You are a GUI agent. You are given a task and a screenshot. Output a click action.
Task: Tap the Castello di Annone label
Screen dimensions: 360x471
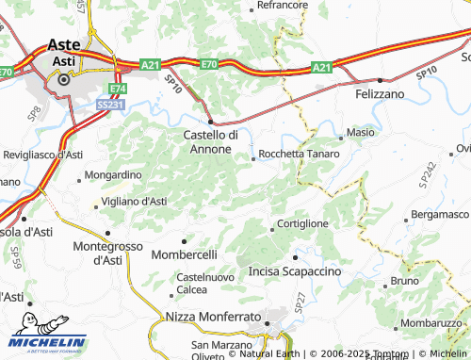(209, 142)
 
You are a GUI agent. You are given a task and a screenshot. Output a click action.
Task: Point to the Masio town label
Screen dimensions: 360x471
(360, 134)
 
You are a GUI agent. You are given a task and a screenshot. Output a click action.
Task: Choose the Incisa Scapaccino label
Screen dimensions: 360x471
(294, 271)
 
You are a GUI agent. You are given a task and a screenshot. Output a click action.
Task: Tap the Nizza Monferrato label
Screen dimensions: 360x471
(213, 318)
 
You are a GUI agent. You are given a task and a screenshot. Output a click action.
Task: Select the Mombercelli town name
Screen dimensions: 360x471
(186, 254)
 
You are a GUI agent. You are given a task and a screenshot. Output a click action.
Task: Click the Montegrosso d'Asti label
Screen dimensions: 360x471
(107, 254)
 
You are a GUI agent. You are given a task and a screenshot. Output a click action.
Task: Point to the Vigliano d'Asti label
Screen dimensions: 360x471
(134, 202)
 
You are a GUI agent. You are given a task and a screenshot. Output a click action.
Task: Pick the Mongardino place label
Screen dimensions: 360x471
(113, 175)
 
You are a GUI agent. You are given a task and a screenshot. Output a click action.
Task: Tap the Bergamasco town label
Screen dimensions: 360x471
(441, 215)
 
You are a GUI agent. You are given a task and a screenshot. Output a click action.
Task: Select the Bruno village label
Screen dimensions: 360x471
(404, 281)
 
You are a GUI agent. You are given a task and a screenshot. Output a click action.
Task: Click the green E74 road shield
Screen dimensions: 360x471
(117, 89)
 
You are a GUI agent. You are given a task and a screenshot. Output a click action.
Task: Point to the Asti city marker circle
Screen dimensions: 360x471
(64, 81)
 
